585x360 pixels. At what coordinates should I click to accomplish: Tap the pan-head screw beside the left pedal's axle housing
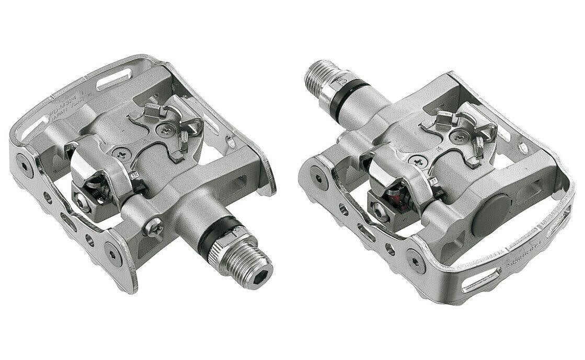[x=155, y=227]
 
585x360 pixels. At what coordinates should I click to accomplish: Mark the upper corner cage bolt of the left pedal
[x=22, y=159]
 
